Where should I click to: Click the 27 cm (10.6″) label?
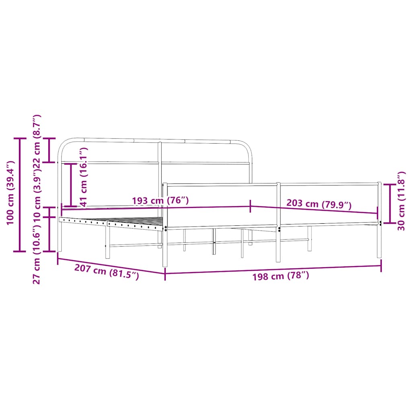[x=37, y=253]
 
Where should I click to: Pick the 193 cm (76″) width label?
[x=161, y=200]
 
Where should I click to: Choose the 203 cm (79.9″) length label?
[x=319, y=204]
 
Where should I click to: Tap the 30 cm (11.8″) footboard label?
[x=401, y=201]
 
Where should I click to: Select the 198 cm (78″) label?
[x=280, y=276]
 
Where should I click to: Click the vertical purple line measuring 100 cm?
[x=20, y=195]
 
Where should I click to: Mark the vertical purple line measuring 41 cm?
[x=71, y=185]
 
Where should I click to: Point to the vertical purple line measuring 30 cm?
[x=389, y=204]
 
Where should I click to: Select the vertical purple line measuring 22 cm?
[x=50, y=150]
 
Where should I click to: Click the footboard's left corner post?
[x=165, y=225]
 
